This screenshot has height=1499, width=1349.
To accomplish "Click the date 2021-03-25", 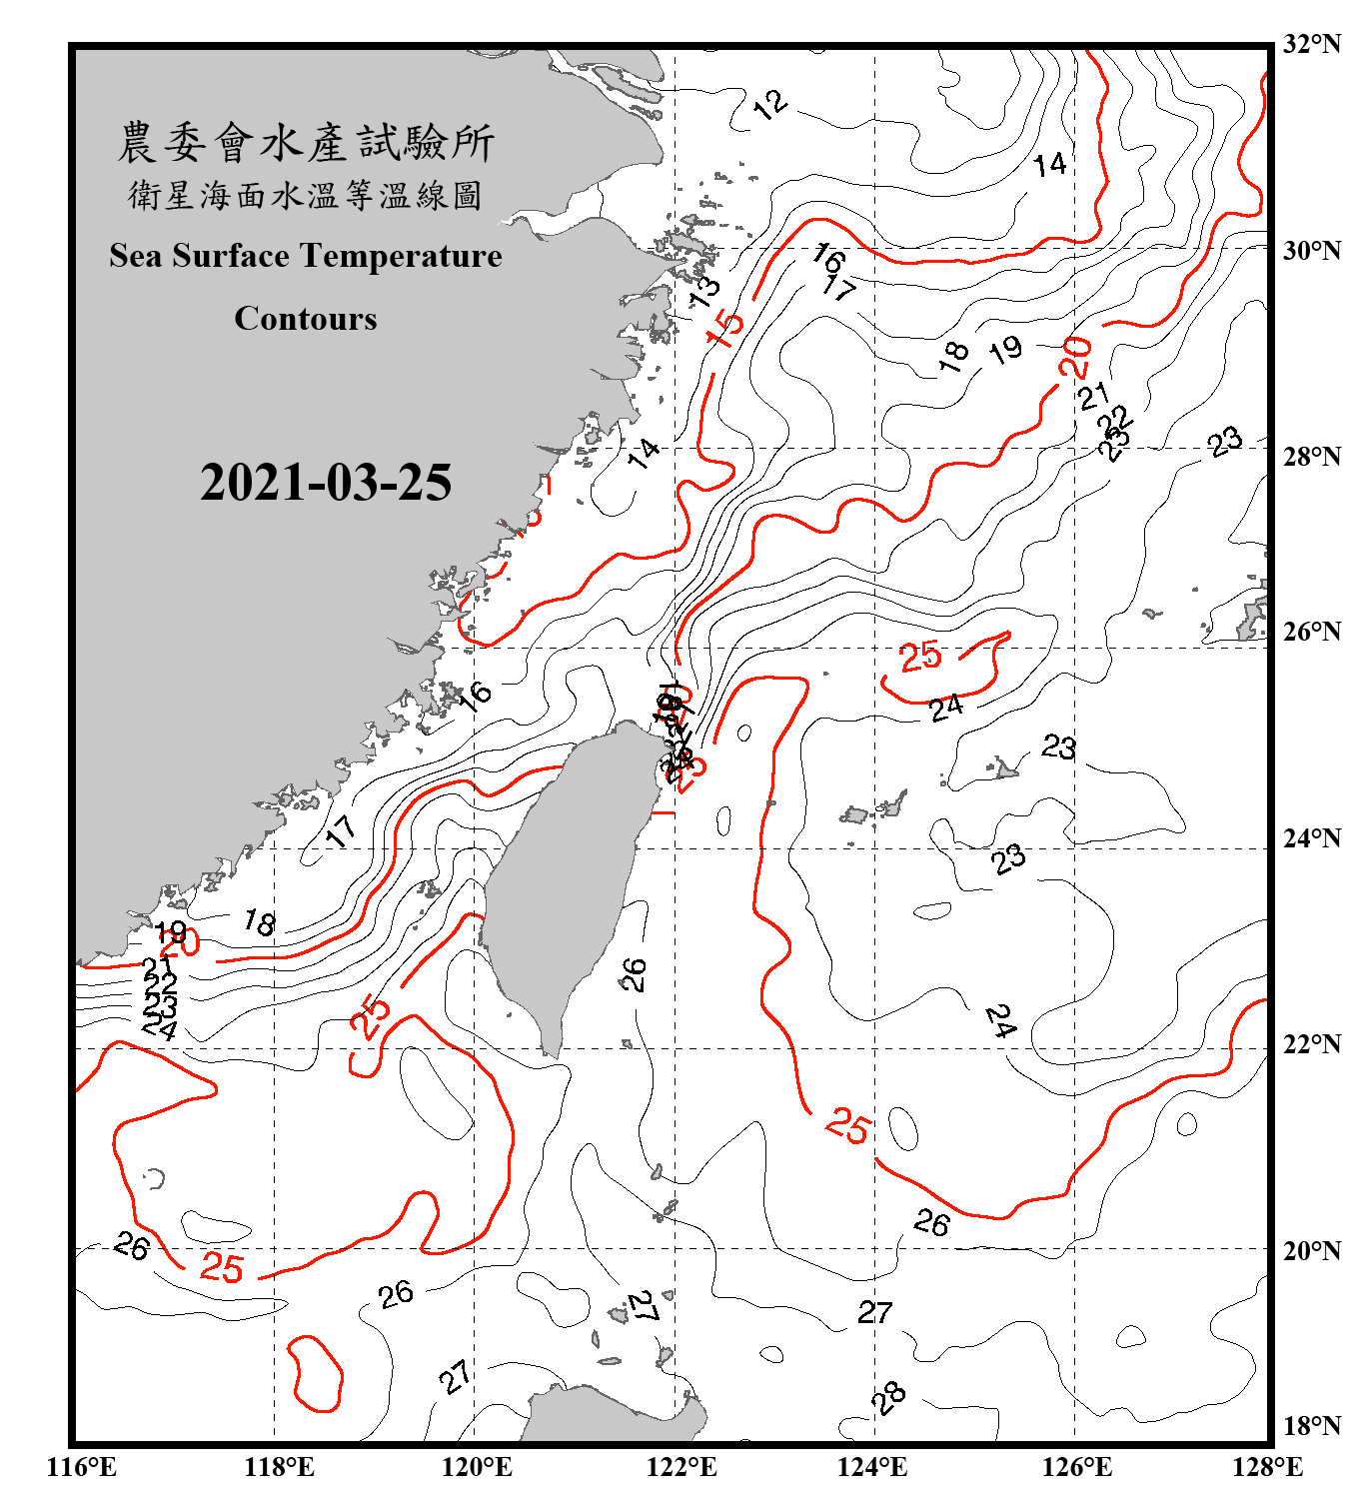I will click(326, 483).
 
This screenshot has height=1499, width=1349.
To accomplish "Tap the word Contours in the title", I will click(306, 319).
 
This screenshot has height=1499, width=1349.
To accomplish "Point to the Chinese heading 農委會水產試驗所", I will click(306, 143).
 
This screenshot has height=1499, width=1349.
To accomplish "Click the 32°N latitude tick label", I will click(1311, 44).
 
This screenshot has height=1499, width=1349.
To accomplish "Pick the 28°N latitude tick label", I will click(1311, 457).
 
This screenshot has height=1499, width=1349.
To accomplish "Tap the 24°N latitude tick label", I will click(1311, 838).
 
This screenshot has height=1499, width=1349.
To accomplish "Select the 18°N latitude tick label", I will click(1311, 1425).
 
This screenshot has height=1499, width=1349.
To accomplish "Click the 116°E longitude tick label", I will click(82, 1467).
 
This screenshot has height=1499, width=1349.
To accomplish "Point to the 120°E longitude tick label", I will click(477, 1467).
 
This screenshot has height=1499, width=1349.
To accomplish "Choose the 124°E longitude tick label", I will click(872, 1467).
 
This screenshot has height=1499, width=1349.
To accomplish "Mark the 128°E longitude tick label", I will click(1267, 1467).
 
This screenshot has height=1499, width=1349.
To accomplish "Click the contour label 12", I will click(769, 104).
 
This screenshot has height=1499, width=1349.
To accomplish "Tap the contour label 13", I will click(704, 291).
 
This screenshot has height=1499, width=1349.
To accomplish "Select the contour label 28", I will click(887, 1396).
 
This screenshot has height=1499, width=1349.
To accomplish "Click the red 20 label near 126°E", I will click(1075, 358).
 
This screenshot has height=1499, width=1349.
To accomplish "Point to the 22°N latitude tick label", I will click(1311, 1044).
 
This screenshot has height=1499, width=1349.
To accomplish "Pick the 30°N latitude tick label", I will click(1311, 251).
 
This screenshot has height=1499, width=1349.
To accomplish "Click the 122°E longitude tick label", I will click(681, 1467).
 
